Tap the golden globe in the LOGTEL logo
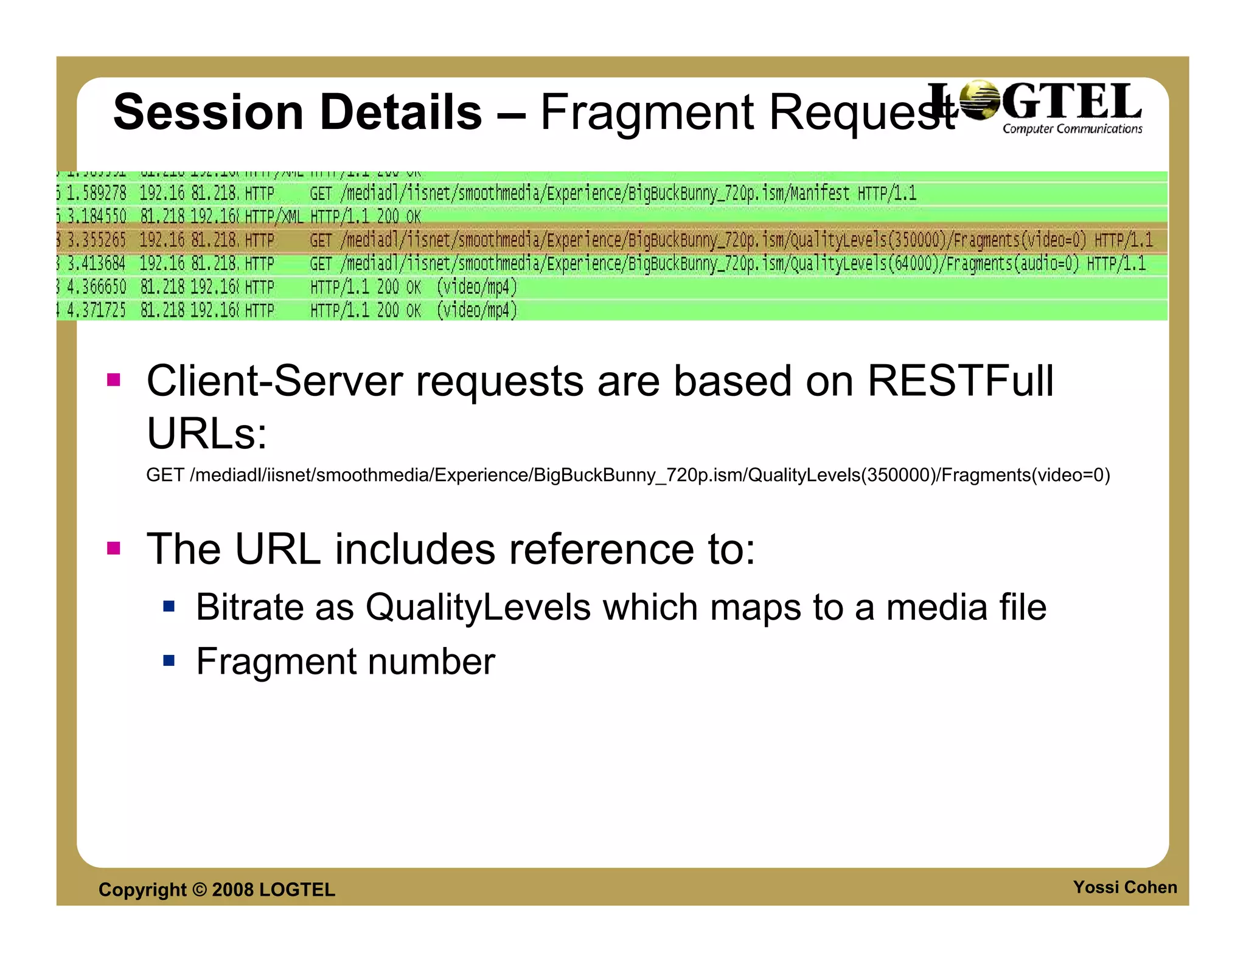[x=979, y=101]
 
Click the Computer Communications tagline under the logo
[x=1072, y=129]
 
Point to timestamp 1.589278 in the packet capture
[x=97, y=193]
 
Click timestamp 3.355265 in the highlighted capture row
[x=97, y=240]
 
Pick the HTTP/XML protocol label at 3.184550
[x=274, y=216]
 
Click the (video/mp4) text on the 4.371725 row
[x=477, y=311]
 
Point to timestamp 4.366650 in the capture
[x=97, y=287]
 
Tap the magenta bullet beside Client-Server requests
[x=114, y=380]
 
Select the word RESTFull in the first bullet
[x=960, y=381]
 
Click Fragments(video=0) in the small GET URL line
[x=1025, y=475]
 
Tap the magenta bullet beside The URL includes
[x=114, y=548]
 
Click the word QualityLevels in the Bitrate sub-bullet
[x=478, y=607]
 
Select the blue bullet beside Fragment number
[x=169, y=660]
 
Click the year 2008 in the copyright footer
[x=232, y=890]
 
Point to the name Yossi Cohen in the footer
[x=1124, y=887]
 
